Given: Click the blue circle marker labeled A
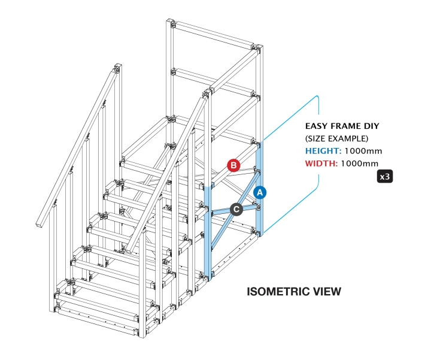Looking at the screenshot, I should pos(259,192).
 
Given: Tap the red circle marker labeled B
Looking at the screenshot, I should pos(234,164).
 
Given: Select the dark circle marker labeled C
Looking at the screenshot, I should pos(236,209).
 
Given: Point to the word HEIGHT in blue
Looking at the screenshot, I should pos(322,151).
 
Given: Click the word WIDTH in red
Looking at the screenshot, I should pos(321,163).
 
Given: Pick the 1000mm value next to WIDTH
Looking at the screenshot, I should pos(359,163).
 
